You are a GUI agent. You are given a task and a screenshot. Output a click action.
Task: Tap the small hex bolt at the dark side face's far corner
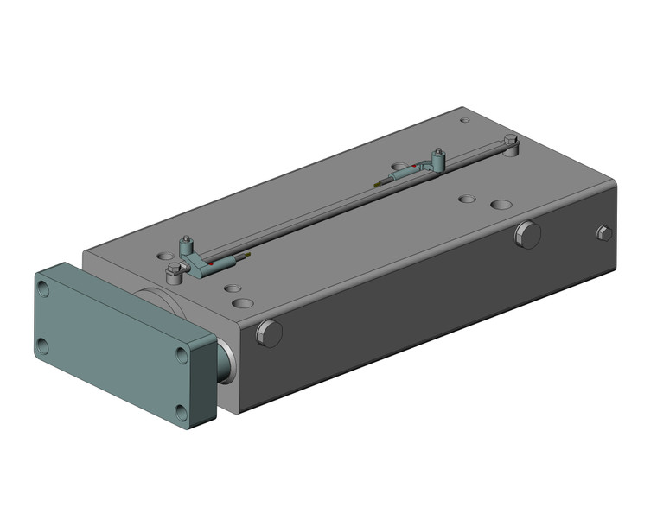[x=604, y=232]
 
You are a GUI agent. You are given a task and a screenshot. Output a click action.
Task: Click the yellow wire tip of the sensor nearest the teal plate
[x=248, y=256]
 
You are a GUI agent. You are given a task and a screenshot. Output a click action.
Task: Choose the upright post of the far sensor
[x=438, y=157]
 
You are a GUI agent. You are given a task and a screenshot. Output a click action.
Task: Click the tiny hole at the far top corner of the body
[x=463, y=120]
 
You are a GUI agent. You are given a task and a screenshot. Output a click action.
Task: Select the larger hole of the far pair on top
[x=501, y=206]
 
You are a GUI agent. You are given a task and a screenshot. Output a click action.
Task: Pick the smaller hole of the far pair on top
[x=467, y=198]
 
